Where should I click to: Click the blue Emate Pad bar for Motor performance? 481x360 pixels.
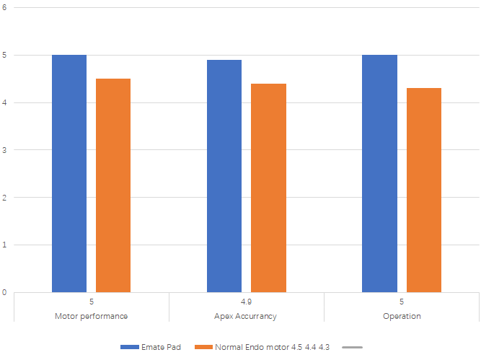[69, 173]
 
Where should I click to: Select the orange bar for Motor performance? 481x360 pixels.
[113, 185]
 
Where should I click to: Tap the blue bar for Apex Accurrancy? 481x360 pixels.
[224, 176]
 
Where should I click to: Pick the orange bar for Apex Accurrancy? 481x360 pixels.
[268, 188]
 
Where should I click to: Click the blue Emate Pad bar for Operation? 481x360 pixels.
[379, 173]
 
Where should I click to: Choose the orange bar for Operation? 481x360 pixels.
[424, 190]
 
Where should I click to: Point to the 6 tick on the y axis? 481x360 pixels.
[5, 7]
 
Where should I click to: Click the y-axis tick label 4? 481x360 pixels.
[5, 102]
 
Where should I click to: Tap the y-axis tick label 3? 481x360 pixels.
[5, 150]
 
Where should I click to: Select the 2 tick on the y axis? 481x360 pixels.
[5, 198]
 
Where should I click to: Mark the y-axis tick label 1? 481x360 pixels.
[5, 245]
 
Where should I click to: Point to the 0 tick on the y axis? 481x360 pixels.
[5, 292]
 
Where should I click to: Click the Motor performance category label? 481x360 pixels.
[92, 316]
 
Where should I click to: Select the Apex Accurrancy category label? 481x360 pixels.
[246, 316]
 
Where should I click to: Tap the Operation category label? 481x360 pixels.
[402, 316]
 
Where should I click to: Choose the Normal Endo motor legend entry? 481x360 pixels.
[260, 347]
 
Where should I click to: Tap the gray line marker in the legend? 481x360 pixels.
[352, 347]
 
